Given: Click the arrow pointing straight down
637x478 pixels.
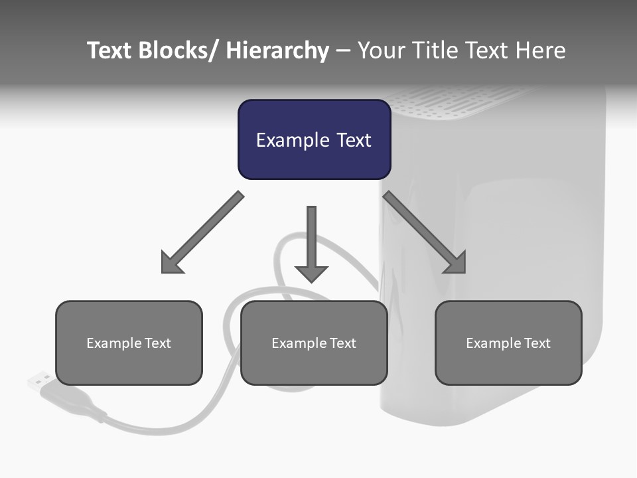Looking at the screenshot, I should (x=311, y=239).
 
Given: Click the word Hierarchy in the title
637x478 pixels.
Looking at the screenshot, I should (x=277, y=51).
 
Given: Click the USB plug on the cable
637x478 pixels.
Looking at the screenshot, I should (x=41, y=382).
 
